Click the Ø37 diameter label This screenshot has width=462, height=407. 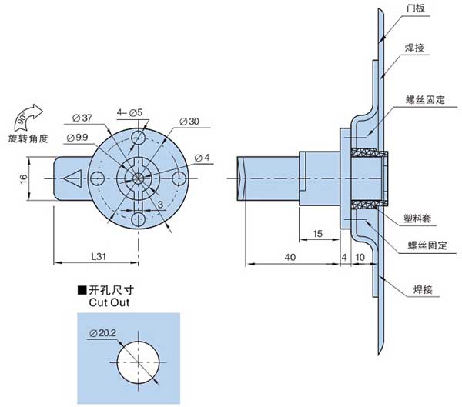click(82, 117)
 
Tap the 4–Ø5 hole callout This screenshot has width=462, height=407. click(129, 113)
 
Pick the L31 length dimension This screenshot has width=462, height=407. click(99, 255)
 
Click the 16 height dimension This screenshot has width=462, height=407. click(23, 178)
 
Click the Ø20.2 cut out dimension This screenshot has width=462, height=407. click(103, 332)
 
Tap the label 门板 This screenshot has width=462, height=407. click(415, 8)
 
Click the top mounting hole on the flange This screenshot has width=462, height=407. click(138, 137)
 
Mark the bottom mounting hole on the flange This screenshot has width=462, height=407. click(138, 219)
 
